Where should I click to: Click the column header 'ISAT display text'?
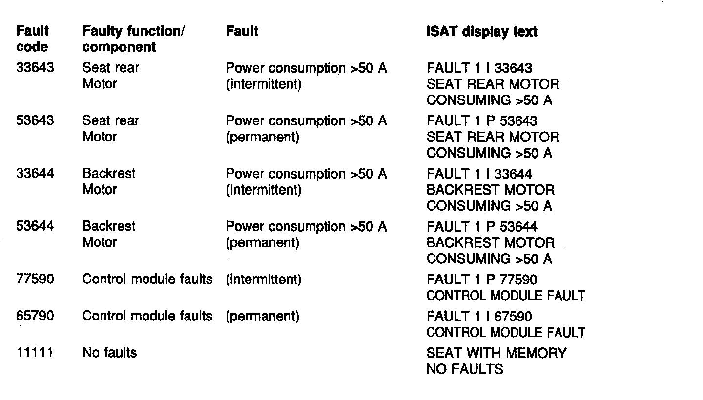coord(481,32)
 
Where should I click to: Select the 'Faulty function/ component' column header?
coord(133,39)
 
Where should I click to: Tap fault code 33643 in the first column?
coord(35,68)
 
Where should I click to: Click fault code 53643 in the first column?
coord(35,120)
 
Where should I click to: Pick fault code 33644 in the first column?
coord(35,174)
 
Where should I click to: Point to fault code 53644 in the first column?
coord(35,226)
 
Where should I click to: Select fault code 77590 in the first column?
coord(35,280)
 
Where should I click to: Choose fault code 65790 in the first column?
coord(35,316)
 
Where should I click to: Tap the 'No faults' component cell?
coord(109,353)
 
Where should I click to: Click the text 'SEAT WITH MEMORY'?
coord(496,353)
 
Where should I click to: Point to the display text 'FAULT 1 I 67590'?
coord(479,316)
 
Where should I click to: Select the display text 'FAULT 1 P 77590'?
coord(481,280)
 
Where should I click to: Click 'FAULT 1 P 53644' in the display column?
coord(481,226)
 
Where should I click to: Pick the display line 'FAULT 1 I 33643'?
coord(479,68)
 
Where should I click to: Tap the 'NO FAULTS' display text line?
coord(464,369)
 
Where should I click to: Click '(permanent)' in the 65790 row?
coord(262,316)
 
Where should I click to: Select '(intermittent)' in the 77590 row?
coord(264,280)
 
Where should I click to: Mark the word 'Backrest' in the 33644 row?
coord(109,174)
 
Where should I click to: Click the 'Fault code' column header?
coord(32,39)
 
